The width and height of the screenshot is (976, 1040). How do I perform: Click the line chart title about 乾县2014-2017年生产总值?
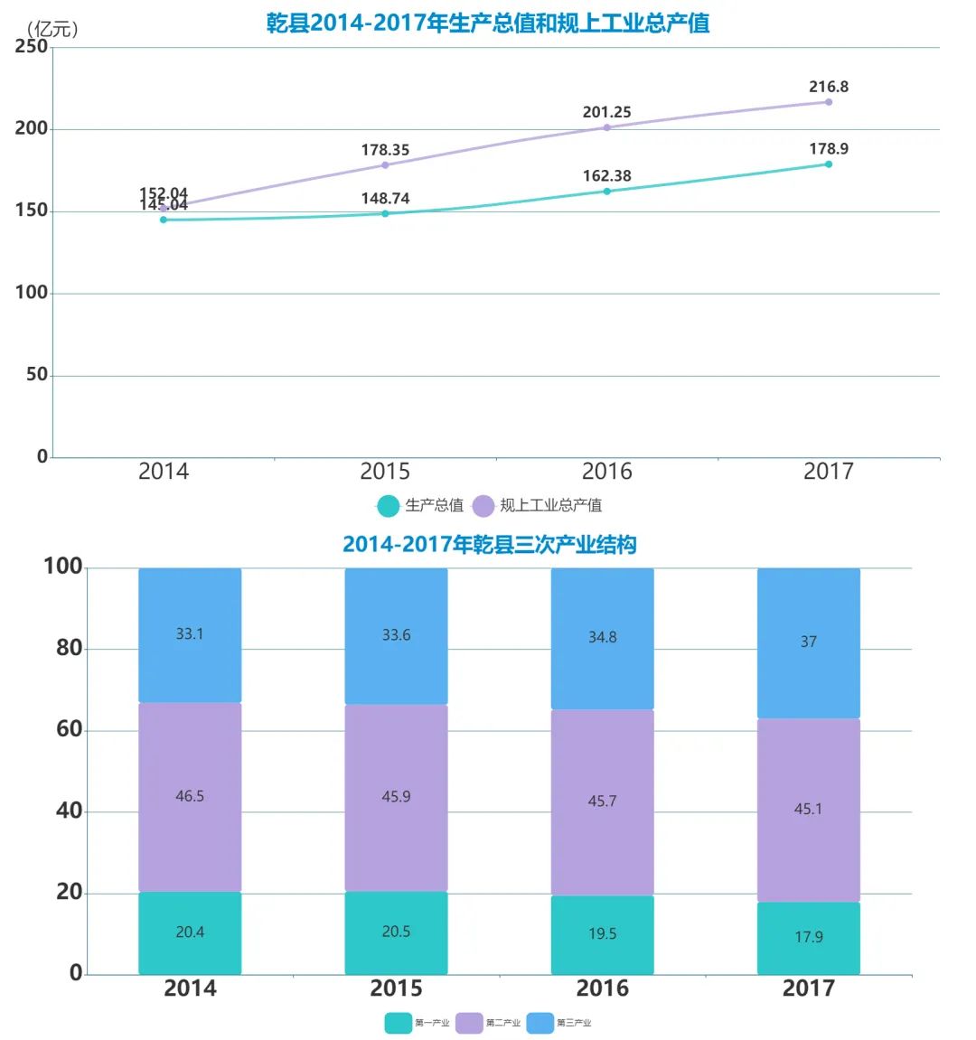pos(488,23)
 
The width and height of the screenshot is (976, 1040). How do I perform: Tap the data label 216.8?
pos(828,87)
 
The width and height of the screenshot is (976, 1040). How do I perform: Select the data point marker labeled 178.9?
pos(828,164)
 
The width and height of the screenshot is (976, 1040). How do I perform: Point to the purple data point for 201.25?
pos(606,127)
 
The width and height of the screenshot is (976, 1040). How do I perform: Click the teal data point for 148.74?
pos(385,213)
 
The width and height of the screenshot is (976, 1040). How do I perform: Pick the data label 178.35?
pos(385,150)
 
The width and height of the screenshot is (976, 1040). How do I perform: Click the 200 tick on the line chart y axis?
pos(32,128)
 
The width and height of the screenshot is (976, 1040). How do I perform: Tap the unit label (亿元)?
pos(53,29)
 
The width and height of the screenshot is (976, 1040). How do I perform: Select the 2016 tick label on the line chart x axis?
pos(606,471)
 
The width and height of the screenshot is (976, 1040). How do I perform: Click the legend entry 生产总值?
pos(421,505)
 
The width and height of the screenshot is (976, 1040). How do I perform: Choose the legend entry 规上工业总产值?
pos(540,505)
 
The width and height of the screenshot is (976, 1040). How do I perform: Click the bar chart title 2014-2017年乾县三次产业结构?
pos(489,545)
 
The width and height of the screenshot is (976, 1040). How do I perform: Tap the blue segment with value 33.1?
pos(190,634)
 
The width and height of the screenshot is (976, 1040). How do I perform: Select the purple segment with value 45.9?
pos(396,797)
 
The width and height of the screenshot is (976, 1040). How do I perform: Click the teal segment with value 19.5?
pos(602,933)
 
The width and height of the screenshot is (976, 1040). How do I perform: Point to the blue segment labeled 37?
pos(808,642)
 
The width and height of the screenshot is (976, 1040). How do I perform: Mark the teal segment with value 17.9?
pos(808,937)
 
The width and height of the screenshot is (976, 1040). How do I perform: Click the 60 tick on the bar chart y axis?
pos(69,729)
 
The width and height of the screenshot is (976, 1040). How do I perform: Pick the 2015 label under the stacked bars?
pos(396,988)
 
